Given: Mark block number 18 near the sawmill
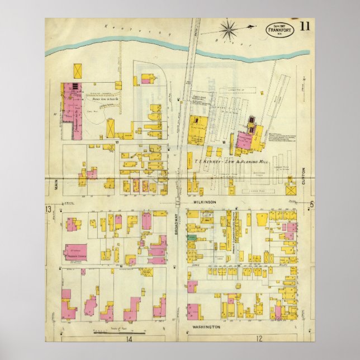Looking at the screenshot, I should point(223,143).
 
